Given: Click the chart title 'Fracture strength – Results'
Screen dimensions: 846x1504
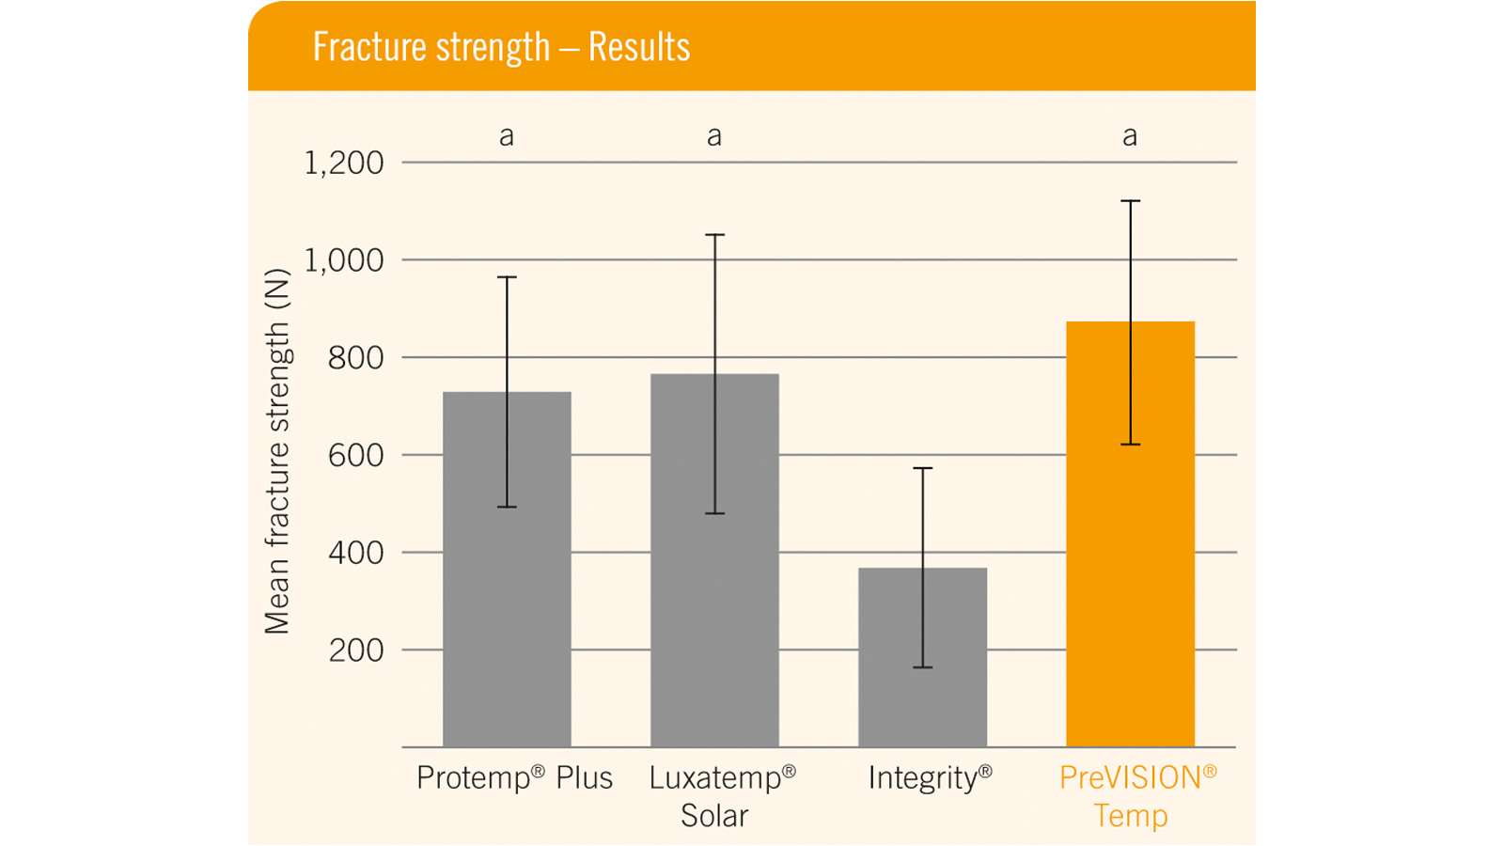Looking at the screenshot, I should coord(501,47).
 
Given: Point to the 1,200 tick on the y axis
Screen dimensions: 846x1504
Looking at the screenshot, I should coord(344,164).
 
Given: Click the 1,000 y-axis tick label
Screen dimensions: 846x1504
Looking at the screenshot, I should coord(344,260).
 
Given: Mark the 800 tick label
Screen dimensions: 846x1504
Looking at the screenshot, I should coord(355,358).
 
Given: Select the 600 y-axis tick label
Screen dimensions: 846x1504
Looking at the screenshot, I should coord(355,456).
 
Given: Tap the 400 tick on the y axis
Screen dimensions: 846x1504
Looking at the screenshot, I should coord(355,553).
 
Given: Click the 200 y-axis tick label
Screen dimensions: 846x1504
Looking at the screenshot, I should coord(355,650).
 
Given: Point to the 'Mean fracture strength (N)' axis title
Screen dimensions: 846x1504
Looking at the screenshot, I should coord(277,452).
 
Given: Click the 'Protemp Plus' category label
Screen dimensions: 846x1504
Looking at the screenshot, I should coord(514,778).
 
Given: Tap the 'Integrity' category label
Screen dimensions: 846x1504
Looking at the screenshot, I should coord(930,778).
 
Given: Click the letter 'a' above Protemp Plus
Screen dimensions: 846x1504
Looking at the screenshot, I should coord(507,137).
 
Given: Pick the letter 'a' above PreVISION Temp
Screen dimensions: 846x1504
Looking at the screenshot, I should coord(1130,137).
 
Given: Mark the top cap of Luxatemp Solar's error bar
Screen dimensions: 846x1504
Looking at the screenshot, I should coord(714,235).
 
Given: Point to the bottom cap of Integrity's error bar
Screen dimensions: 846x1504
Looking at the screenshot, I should coord(922,667).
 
